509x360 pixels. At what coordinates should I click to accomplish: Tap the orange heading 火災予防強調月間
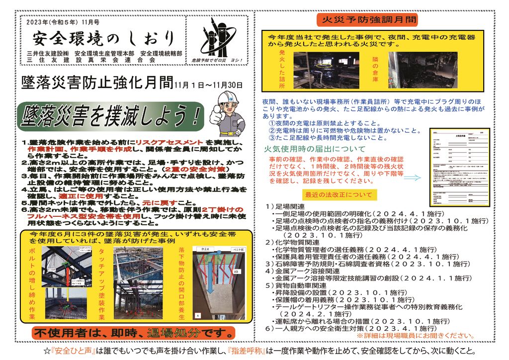[x=367, y=20]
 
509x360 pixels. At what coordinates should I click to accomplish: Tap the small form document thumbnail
[x=459, y=164]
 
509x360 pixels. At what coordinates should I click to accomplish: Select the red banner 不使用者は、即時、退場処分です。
[x=133, y=332]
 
